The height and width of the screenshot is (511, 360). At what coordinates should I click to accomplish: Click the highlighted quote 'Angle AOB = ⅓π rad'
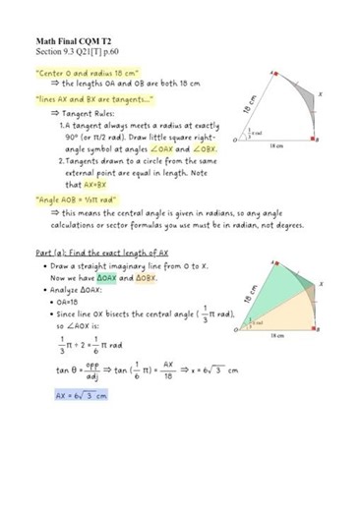[x=84, y=198]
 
